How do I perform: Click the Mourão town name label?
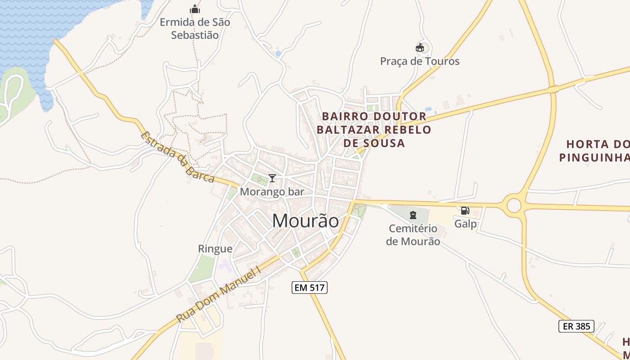pos(306,220)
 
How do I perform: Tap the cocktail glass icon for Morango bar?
pos(272,178)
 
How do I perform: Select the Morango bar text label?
pos(272,192)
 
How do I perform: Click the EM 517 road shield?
pos(310,288)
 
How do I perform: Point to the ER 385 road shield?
pos(576,326)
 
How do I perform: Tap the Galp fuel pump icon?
pos(465,210)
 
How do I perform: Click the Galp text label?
pos(465,224)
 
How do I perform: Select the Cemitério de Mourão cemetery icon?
pos(413,215)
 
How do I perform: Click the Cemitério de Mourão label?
pos(413,235)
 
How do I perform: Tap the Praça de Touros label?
pos(420,61)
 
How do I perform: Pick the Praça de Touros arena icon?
pos(420,47)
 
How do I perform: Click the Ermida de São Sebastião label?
pos(195,28)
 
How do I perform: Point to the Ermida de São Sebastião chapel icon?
pos(195,9)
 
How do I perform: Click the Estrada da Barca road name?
pos(177,157)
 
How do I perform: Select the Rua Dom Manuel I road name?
pos(219,294)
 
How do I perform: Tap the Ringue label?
pos(215,249)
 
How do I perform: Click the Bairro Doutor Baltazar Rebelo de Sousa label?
pos(374,130)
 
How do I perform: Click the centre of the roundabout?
pos(514,205)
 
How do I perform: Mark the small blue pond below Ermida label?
pos(278,54)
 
